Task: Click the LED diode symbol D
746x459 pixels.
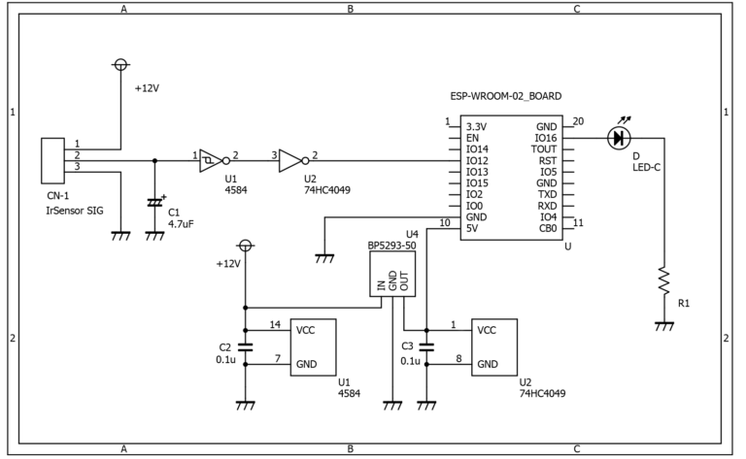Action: pos(619,138)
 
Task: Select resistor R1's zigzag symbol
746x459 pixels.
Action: pos(663,280)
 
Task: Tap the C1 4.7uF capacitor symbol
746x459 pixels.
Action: pos(154,203)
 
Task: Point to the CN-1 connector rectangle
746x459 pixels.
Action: pos(52,161)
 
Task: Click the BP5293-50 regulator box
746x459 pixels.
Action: pos(392,274)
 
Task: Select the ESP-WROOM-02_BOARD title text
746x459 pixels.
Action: pos(506,96)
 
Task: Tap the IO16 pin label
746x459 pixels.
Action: pos(545,138)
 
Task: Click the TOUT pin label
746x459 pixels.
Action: pos(544,149)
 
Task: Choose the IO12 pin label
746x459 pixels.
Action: pos(477,161)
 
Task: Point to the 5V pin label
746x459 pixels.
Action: pos(472,229)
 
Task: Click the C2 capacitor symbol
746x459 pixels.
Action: pos(246,346)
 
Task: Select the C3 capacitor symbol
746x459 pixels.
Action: pos(426,346)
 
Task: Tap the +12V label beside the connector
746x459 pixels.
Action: pos(147,88)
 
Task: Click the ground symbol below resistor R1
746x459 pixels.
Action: pos(663,326)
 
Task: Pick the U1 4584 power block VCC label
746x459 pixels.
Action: pos(305,330)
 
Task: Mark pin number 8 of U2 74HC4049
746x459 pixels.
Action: pos(458,358)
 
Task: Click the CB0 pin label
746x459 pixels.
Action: pos(548,229)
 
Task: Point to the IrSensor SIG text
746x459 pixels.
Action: pos(74,211)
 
